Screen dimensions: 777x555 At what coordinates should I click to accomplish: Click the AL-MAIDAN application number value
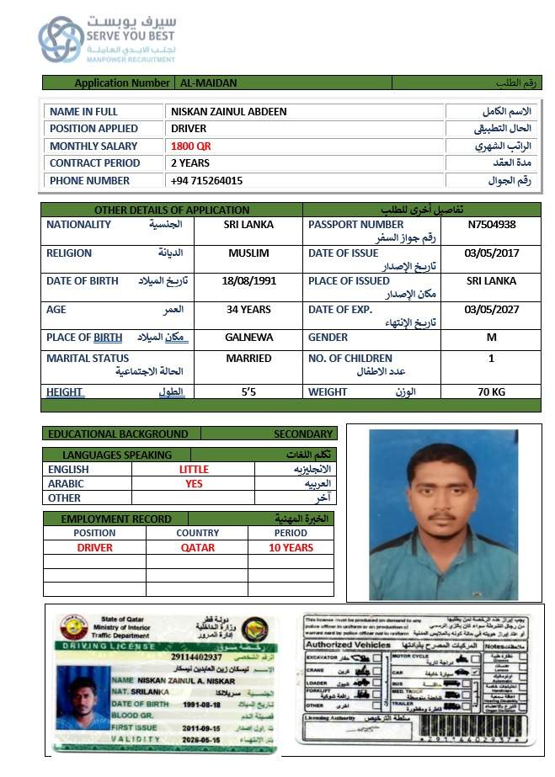207,83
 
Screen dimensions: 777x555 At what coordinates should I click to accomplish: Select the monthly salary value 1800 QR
190,146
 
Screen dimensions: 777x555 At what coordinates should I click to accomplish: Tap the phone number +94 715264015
206,180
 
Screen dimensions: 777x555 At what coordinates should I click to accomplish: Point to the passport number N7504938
491,225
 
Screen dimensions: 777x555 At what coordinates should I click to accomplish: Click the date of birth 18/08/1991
248,281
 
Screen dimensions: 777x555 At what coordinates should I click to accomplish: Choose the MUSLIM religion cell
248,253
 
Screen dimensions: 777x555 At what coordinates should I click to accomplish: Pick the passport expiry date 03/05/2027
491,310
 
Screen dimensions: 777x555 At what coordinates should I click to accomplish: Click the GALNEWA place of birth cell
248,338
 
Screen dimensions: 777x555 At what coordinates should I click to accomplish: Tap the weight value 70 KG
491,392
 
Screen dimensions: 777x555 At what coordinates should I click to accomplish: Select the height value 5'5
248,392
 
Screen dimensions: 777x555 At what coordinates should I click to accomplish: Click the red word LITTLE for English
194,469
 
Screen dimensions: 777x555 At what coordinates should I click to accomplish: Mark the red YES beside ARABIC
194,484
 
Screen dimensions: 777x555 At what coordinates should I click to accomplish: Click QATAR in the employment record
197,547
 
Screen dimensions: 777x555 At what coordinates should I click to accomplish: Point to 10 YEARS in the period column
291,547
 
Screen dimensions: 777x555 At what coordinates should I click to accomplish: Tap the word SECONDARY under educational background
303,434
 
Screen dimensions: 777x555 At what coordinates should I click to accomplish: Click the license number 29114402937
196,657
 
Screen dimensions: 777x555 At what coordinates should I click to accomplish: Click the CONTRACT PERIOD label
94,163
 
